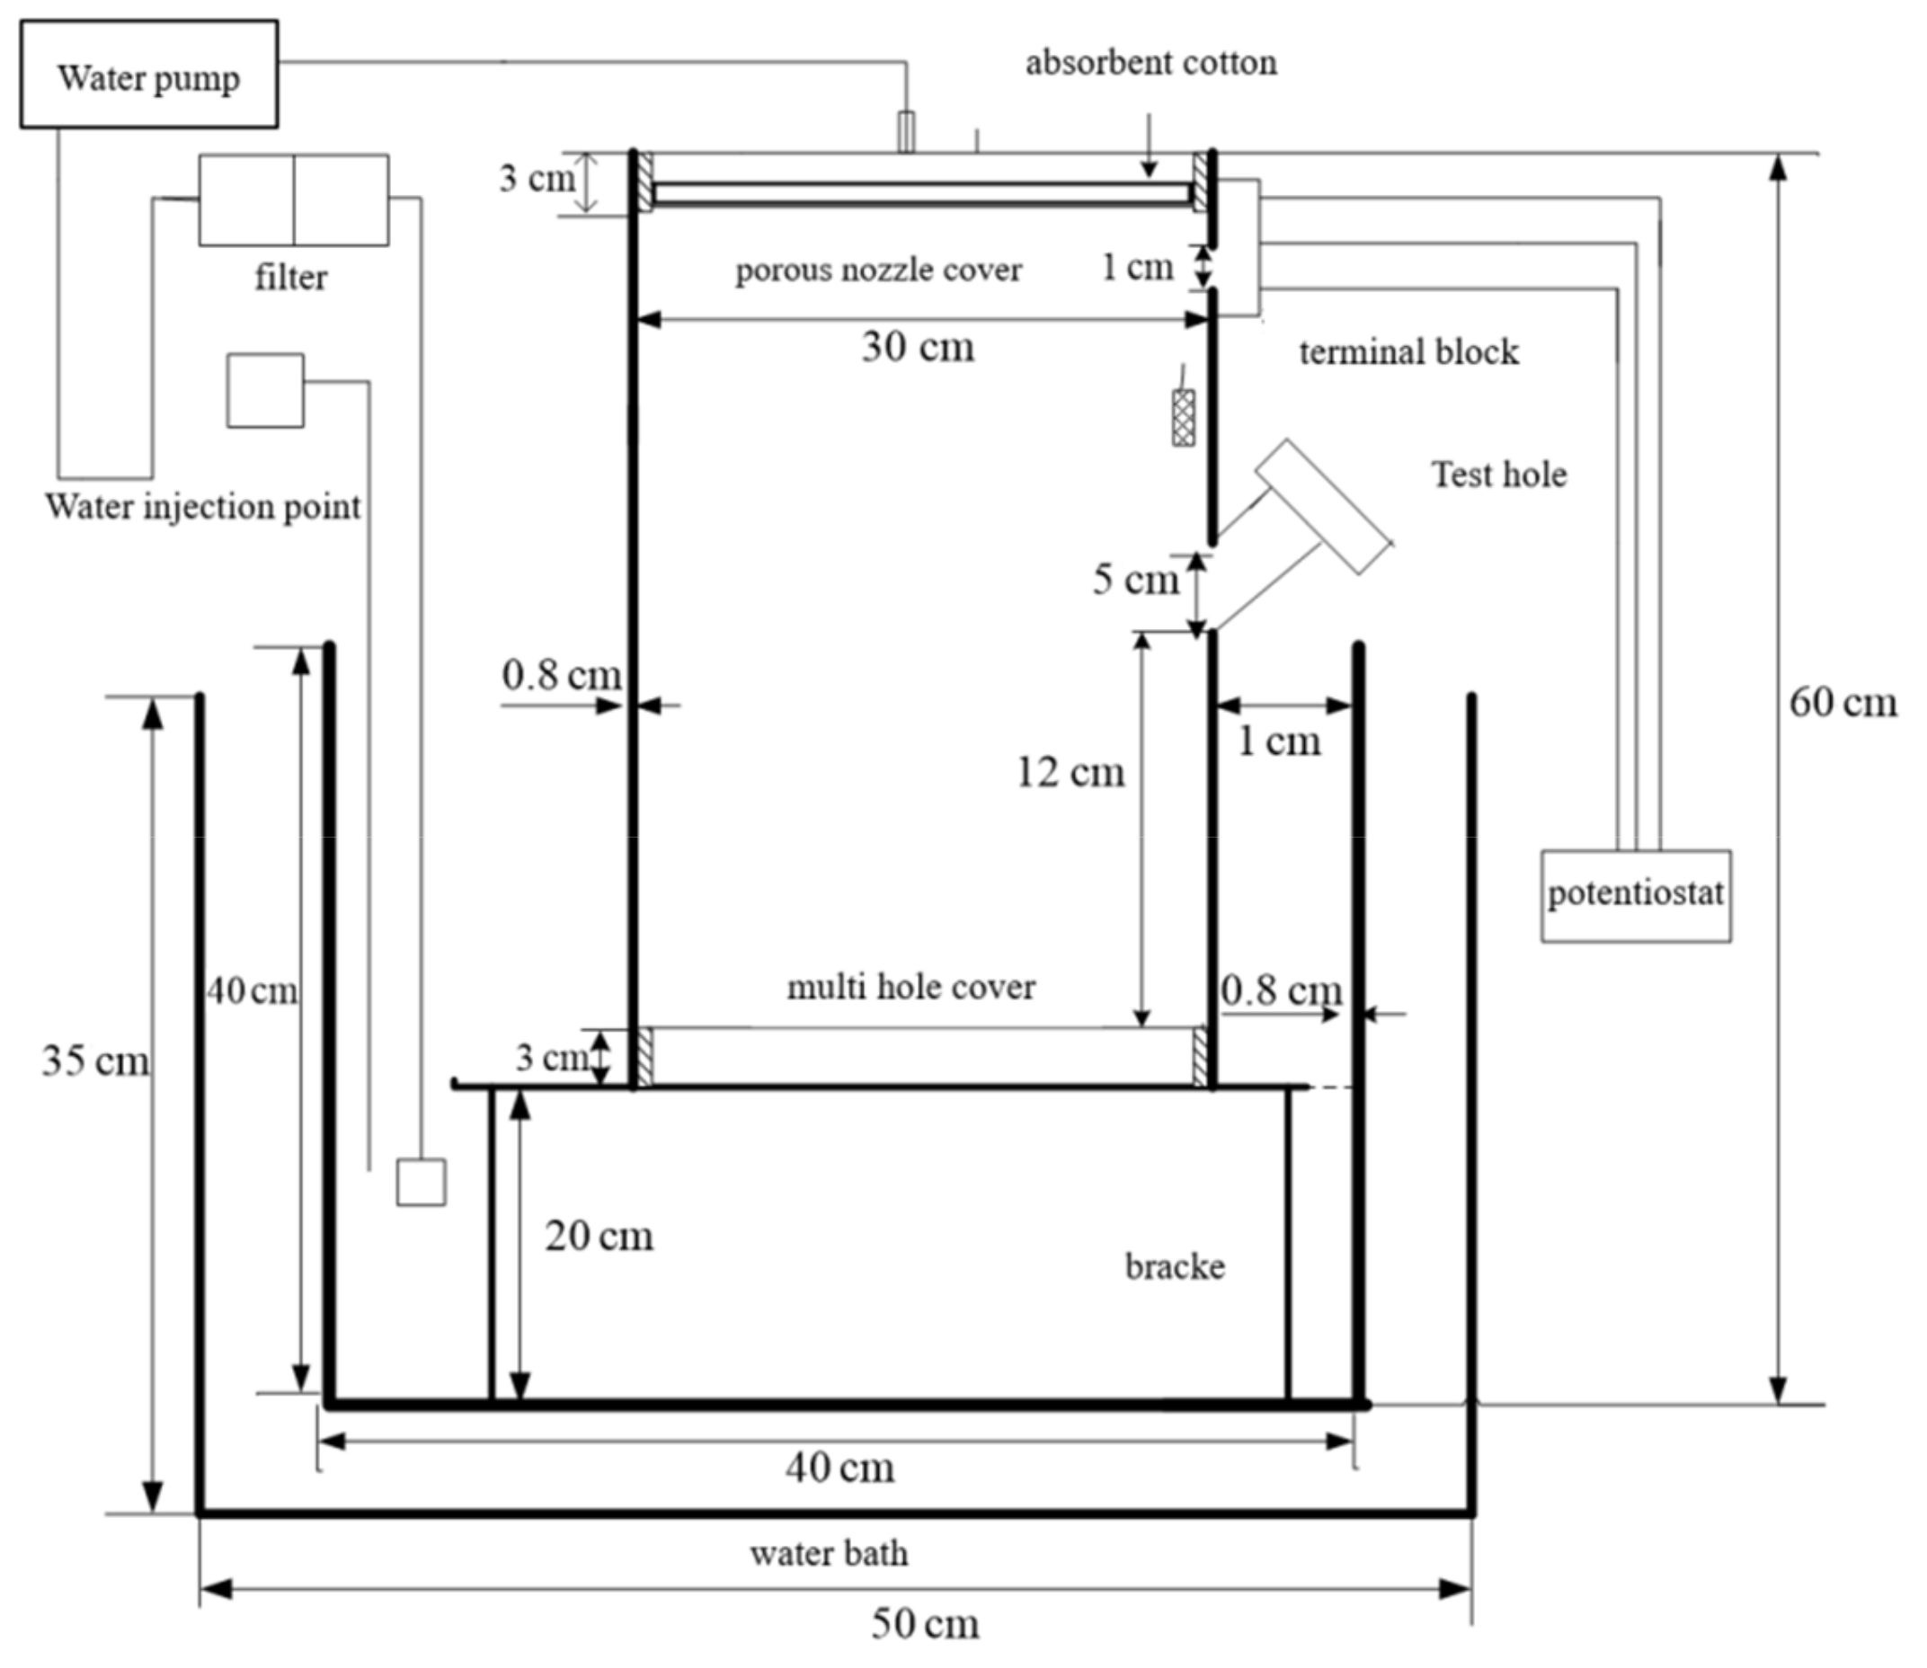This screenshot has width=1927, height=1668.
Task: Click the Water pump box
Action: (x=149, y=75)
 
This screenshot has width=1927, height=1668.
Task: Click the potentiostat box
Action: (x=1636, y=895)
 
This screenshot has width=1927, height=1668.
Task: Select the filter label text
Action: (x=291, y=278)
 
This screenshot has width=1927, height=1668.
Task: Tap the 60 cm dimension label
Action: (x=1843, y=703)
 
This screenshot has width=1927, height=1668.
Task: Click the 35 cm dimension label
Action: (x=95, y=1061)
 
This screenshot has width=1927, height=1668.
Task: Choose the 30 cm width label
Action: (x=918, y=347)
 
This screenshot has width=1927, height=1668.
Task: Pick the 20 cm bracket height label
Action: (x=599, y=1236)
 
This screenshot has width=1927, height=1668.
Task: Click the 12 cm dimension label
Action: (x=1070, y=773)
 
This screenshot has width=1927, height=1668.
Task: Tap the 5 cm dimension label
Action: (x=1136, y=580)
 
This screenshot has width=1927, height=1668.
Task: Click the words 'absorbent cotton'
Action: (x=1150, y=63)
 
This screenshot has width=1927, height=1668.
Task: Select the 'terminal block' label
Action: (x=1408, y=353)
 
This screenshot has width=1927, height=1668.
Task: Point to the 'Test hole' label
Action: (x=1499, y=475)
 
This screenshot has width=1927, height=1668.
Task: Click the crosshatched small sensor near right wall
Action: (x=1183, y=418)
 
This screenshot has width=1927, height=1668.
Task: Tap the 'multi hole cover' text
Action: (x=910, y=988)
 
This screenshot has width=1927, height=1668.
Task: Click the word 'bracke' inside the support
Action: (x=1175, y=1267)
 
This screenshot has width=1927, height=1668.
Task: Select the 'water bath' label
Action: (x=829, y=1554)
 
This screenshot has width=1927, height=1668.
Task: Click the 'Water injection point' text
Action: (x=203, y=507)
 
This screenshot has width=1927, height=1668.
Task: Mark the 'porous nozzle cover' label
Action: (x=878, y=270)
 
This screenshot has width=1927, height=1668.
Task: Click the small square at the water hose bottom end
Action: (x=421, y=1182)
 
